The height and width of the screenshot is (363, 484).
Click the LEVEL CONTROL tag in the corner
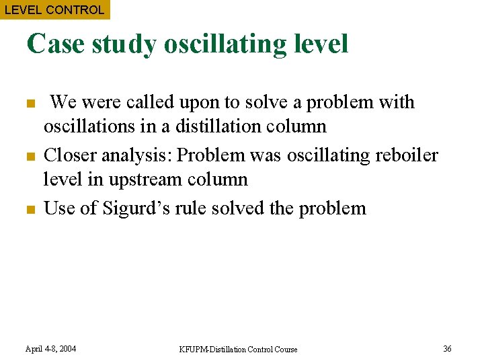point(54,9)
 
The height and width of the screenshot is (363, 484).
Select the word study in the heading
point(124,44)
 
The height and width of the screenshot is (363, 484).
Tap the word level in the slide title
point(321,44)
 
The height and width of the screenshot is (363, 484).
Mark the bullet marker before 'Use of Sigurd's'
point(30,210)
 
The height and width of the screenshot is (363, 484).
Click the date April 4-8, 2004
point(50,349)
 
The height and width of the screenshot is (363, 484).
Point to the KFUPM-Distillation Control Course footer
point(238,349)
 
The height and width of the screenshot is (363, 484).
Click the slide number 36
point(447,348)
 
